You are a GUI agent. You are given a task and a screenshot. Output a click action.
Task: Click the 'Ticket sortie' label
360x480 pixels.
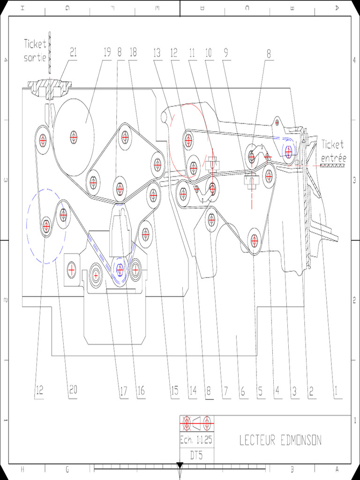coord(35,51)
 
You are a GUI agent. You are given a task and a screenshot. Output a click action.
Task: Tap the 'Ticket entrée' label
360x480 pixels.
coord(332,151)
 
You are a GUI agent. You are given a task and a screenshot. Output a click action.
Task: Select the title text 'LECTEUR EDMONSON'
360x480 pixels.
coord(280,440)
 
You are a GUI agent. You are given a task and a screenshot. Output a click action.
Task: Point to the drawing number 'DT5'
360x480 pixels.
coord(196,454)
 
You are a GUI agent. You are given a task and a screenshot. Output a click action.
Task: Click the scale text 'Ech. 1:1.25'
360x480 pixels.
coord(196,440)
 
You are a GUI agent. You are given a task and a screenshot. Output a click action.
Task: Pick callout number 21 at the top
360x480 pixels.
coord(73,52)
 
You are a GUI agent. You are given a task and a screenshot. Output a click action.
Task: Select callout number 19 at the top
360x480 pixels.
coord(107,52)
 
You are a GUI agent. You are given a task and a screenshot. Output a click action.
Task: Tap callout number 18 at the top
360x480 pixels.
coord(133,52)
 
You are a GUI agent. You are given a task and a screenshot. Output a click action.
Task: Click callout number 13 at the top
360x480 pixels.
coord(157,52)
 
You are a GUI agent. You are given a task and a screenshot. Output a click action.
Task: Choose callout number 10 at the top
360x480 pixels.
coord(209,52)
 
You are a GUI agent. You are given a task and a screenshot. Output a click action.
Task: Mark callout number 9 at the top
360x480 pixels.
coord(226,52)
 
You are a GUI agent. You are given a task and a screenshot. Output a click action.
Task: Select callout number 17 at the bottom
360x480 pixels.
coord(123,390)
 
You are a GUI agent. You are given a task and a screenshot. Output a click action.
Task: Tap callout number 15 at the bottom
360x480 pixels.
coord(174,390)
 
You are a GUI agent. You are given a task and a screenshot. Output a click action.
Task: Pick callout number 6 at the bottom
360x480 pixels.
coord(242,390)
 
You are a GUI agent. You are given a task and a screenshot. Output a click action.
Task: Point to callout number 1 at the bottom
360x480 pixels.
coord(335,390)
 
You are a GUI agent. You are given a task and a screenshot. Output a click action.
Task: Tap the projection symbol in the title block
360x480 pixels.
coord(197,423)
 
